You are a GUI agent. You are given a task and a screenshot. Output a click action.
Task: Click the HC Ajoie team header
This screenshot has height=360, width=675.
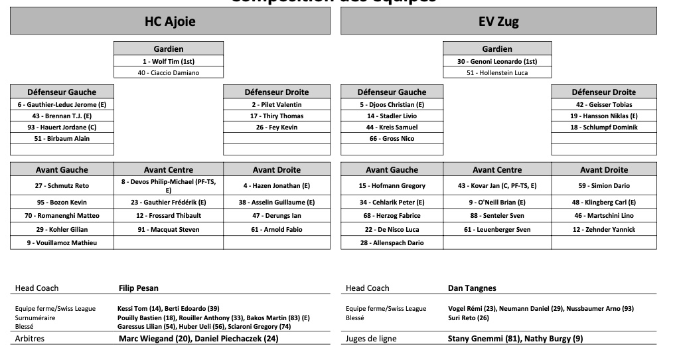click(x=170, y=21)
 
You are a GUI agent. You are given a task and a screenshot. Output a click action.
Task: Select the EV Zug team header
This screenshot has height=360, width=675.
click(x=498, y=21)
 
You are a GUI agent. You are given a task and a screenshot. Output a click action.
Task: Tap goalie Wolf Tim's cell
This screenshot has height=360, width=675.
click(x=168, y=61)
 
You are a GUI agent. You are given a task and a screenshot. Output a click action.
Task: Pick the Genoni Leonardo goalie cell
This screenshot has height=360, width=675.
click(x=497, y=61)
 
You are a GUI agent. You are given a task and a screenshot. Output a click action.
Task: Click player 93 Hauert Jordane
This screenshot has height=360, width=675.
click(x=62, y=127)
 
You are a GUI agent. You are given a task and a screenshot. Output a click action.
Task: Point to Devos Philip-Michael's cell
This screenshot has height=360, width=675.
click(x=169, y=185)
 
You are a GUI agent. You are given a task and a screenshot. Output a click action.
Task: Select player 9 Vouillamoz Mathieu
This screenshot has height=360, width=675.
click(x=62, y=242)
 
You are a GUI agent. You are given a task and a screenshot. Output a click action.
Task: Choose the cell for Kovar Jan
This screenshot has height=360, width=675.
click(x=497, y=186)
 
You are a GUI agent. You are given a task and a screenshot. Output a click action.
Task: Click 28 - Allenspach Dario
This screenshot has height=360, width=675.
click(x=392, y=242)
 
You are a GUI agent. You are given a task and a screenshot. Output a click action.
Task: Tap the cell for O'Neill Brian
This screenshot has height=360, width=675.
click(x=497, y=202)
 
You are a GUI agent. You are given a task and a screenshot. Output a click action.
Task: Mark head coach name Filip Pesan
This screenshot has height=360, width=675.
click(x=139, y=288)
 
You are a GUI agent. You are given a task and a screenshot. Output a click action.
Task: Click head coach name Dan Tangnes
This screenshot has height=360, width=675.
click(x=472, y=288)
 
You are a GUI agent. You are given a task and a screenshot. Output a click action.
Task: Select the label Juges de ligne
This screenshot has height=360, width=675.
click(x=371, y=339)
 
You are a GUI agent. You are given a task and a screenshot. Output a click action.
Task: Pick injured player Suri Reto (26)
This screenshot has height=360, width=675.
click(x=469, y=317)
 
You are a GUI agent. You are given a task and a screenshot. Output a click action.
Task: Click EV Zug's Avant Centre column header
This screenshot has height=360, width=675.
click(x=497, y=169)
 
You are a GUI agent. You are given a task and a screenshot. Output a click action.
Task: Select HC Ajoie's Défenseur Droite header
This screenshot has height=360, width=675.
click(x=276, y=92)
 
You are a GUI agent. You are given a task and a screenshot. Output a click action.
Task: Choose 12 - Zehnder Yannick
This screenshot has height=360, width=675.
click(x=604, y=229)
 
